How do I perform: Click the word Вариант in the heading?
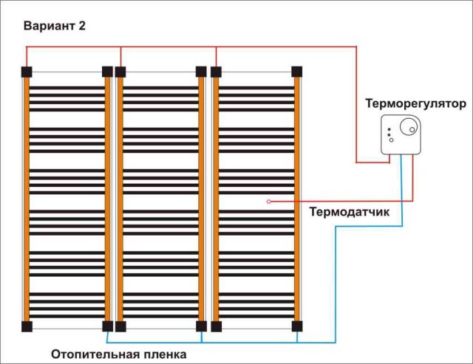coord(50,26)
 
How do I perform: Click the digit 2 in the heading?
coord(82,26)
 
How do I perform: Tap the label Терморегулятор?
coord(416,104)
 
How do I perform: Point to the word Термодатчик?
coord(350,212)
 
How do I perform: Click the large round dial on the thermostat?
coord(409,126)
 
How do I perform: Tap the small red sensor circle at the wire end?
coord(269,202)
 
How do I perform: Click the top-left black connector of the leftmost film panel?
coord(27,72)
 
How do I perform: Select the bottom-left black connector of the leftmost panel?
coord(27,326)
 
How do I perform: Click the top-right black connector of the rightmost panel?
coord(297,72)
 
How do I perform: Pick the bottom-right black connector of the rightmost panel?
coord(297,326)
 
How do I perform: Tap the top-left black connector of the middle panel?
coord(120,72)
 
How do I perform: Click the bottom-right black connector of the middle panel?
coord(201,326)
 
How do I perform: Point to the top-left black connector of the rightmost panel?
coord(216,72)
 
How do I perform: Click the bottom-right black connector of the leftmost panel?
coord(107,326)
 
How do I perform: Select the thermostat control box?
coord(401,134)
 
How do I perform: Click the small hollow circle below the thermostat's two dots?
coord(391,140)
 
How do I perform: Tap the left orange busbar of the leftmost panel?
coord(27,199)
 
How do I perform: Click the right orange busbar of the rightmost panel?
coord(297,199)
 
